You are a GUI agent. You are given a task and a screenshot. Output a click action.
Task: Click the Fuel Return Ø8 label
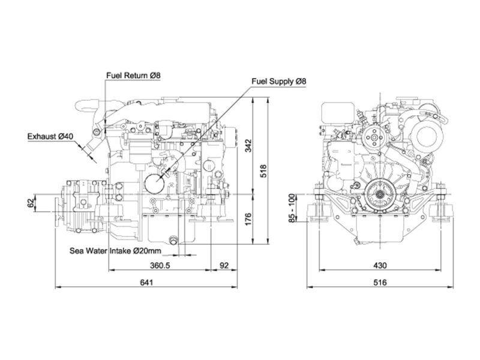coord(133,76)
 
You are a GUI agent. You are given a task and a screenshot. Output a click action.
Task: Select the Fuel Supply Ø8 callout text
coord(278,82)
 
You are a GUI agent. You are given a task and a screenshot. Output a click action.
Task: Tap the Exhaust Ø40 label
coord(50,136)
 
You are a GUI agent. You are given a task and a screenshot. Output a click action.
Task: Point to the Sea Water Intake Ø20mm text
coord(115,251)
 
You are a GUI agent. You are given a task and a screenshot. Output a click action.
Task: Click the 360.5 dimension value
coord(160,265)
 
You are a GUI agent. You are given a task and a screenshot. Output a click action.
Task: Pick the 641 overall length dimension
coord(146,282)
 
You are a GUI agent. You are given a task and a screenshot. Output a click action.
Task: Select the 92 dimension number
coord(224,265)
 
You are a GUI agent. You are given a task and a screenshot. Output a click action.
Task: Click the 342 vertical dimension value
coord(248,145)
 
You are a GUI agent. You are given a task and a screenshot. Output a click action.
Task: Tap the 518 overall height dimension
coord(263,171)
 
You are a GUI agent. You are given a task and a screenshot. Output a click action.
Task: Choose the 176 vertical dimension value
coord(248,219)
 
